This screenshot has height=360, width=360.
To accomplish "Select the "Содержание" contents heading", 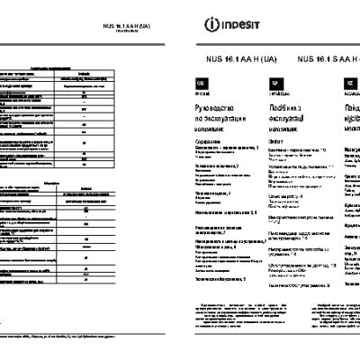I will point(211,141).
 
